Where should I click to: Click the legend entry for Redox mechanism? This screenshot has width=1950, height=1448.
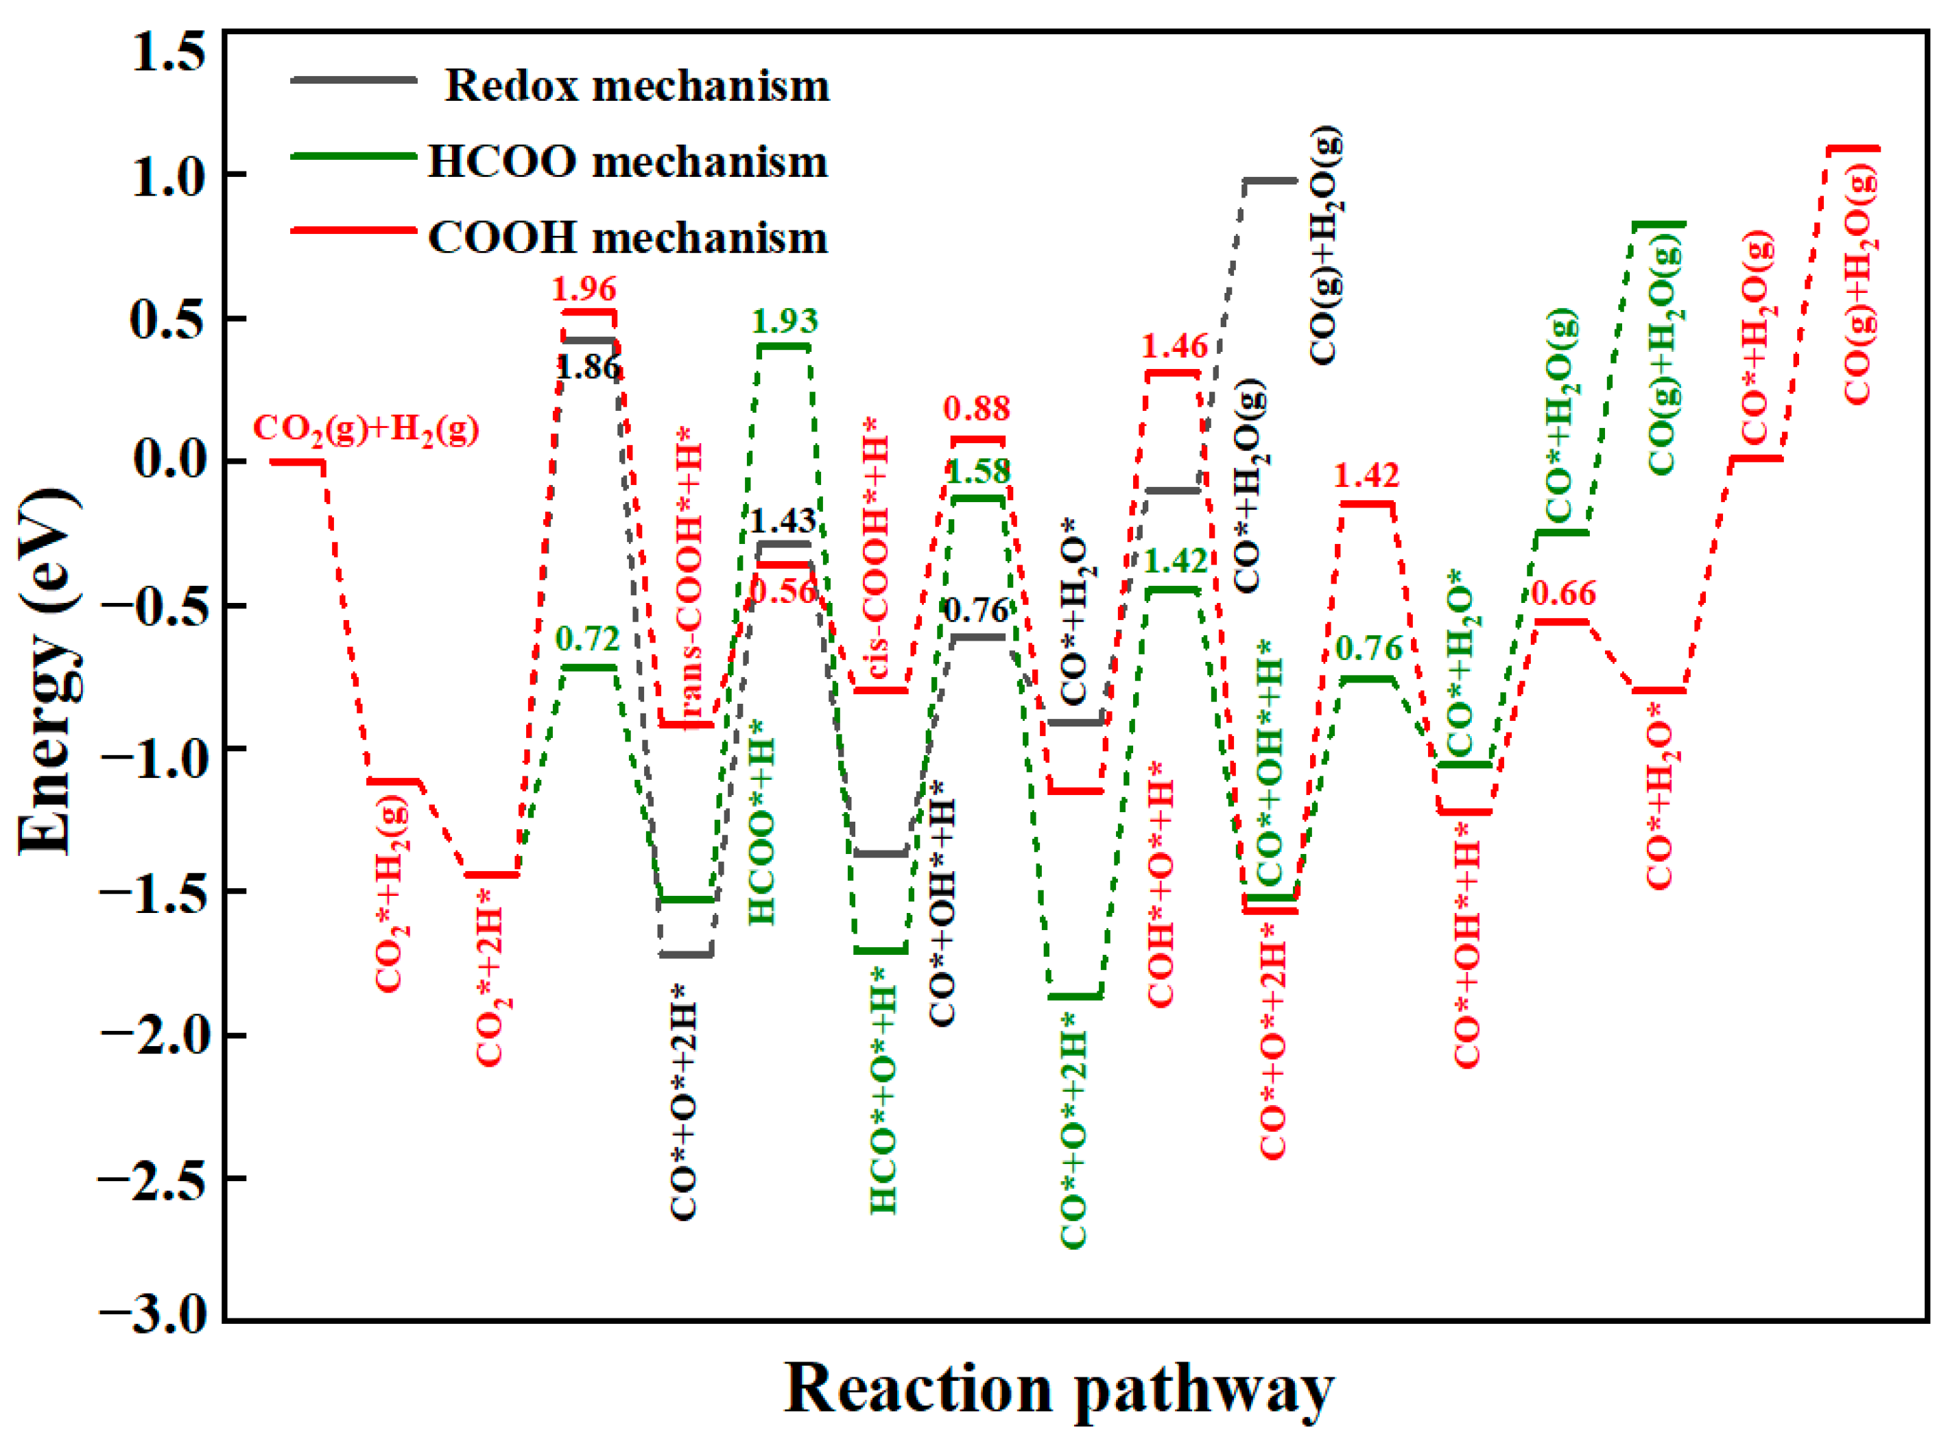637,86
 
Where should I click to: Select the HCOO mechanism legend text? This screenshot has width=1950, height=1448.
628,162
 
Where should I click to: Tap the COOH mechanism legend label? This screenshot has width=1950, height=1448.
628,237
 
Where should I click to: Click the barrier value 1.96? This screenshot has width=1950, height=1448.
584,288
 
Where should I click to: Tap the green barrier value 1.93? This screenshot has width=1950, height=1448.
785,321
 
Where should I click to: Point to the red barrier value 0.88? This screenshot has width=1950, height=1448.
976,407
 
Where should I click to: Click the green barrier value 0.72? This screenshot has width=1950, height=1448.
587,639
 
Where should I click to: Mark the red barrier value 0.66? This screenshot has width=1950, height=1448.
1564,593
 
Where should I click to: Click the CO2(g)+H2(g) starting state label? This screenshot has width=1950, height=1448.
366,429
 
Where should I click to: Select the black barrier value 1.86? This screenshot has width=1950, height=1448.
588,367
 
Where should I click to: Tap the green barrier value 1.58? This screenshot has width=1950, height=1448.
978,471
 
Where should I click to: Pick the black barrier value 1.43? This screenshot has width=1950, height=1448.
783,521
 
